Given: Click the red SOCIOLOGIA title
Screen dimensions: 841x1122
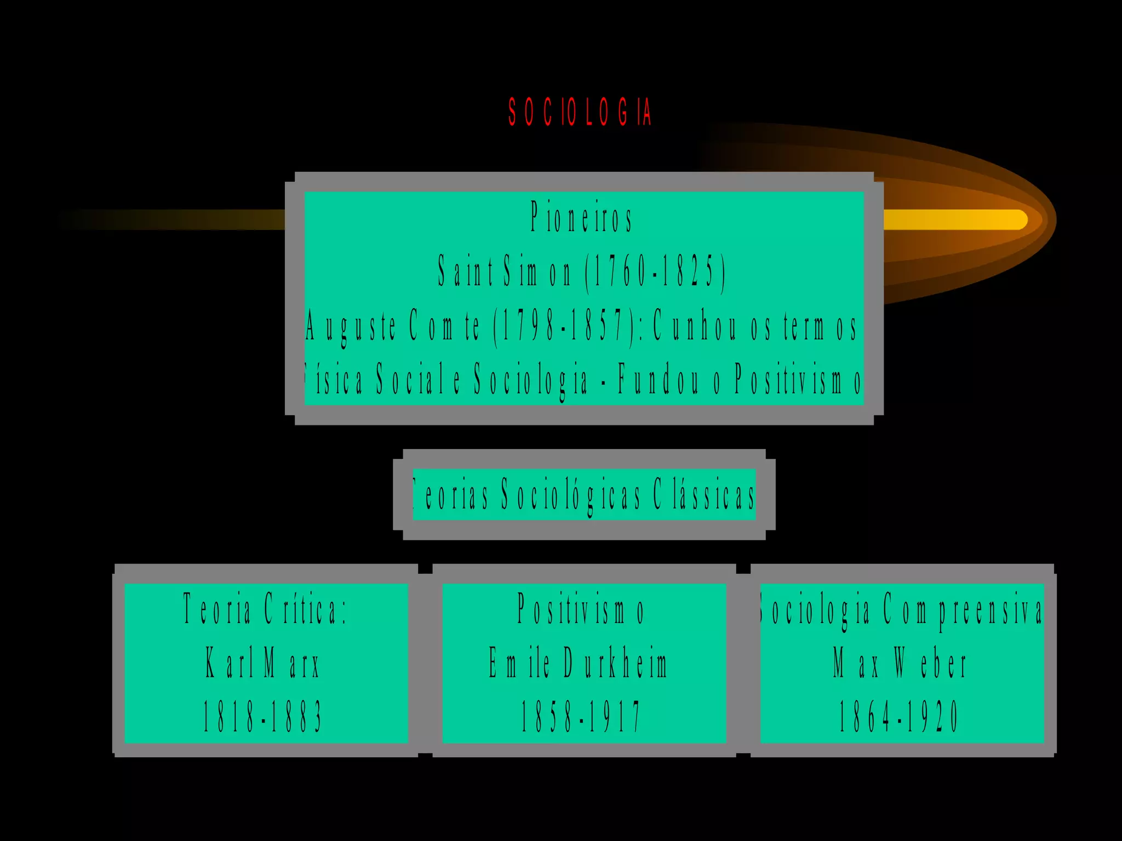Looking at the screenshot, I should (x=580, y=112).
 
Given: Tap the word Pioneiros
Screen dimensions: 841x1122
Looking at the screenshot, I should (x=581, y=217).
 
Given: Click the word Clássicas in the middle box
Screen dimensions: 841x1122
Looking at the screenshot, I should (x=703, y=495).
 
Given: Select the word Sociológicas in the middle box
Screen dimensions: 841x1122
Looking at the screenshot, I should (x=570, y=495).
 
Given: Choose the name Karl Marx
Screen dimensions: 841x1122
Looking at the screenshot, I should (x=262, y=663).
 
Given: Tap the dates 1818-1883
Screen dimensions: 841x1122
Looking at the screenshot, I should (x=262, y=717).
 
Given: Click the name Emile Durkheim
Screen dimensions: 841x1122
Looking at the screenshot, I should (x=579, y=663).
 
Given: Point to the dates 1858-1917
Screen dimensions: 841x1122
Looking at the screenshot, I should (x=580, y=717).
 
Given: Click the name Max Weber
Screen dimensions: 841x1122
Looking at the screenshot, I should (x=900, y=663).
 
